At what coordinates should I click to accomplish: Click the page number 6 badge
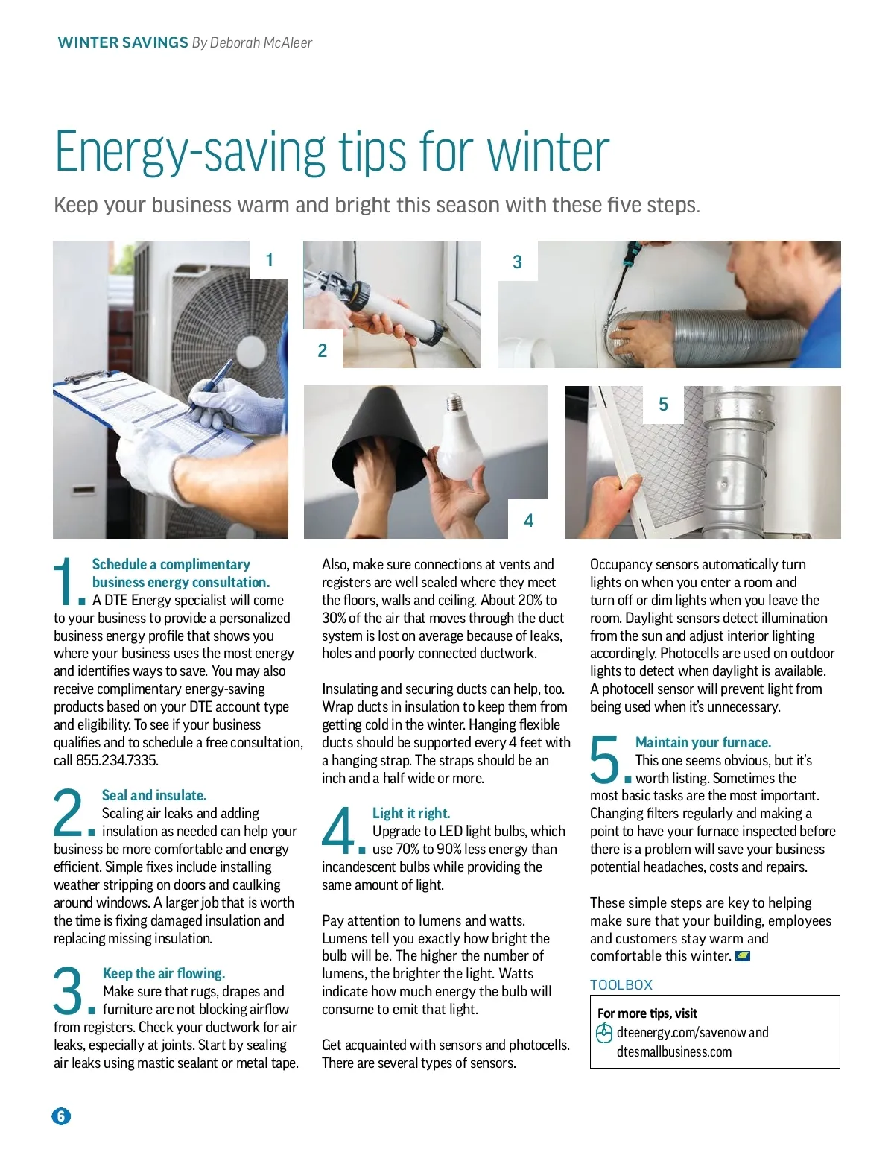(61, 1116)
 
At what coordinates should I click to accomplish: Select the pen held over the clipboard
(210, 385)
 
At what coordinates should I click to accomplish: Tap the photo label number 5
(663, 404)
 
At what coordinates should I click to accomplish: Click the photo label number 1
(269, 259)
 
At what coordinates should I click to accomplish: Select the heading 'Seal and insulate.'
(154, 795)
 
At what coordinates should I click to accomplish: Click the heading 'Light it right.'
(411, 813)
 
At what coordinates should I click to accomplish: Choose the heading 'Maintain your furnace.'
(703, 742)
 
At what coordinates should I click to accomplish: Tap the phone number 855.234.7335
(117, 760)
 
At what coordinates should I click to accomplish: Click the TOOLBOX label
(621, 984)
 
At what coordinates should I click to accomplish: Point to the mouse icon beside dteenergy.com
(604, 1033)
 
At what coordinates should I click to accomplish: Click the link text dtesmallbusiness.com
(674, 1051)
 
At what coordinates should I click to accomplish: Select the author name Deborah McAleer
(261, 42)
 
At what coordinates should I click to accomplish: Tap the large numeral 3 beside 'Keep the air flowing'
(68, 991)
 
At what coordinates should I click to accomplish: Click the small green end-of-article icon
(742, 956)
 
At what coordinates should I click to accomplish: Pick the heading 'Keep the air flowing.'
(164, 973)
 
